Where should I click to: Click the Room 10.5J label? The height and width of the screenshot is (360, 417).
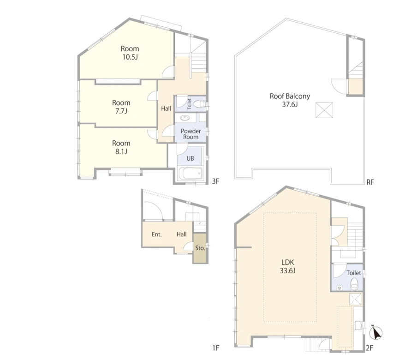point(130,53)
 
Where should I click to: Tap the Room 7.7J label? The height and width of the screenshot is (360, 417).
point(121,107)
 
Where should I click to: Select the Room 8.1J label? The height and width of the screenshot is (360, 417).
point(121,147)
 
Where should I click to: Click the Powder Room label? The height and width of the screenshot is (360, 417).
point(191,134)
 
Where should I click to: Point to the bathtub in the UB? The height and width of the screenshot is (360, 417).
point(191,174)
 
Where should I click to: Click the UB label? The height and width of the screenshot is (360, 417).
point(190,158)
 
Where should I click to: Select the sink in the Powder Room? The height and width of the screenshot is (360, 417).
point(185,118)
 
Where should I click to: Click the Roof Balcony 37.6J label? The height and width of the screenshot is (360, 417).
point(290,100)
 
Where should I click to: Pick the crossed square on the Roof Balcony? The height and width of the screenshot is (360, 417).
point(324,110)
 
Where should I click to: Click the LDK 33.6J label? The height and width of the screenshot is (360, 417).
point(288,266)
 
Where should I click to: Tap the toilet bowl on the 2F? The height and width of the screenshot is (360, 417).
point(354,284)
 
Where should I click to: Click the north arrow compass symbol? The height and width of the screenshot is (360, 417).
point(376,332)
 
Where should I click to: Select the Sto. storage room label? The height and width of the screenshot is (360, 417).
point(200,248)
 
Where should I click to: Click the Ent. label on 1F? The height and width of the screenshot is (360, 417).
point(157,234)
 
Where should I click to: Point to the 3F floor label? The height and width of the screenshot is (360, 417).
point(215,181)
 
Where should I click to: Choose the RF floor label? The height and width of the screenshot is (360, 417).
point(370,182)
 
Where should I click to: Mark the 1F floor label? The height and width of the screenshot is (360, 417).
point(216,348)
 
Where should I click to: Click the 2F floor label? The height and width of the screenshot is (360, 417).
point(369,348)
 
